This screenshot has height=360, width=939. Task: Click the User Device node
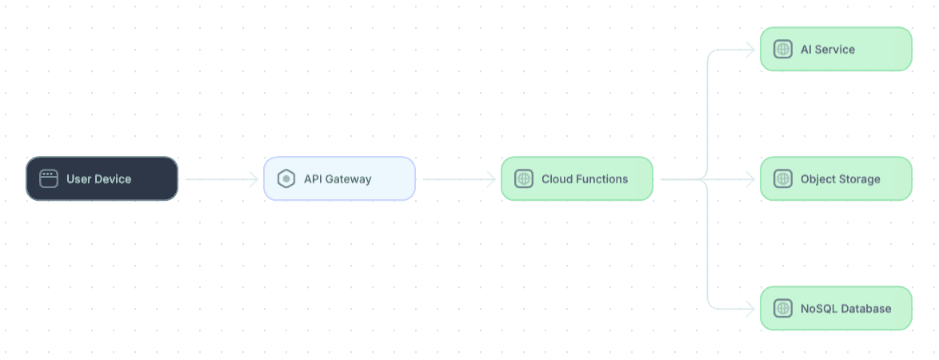(x=102, y=178)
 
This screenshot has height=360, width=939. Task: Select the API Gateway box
(x=340, y=178)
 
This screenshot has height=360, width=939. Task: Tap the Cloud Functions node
(x=577, y=178)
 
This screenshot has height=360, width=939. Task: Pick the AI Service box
(x=836, y=49)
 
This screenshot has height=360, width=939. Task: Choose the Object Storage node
(x=836, y=178)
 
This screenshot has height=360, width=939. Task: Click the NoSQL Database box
(x=836, y=309)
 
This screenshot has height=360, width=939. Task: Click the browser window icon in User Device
(x=49, y=178)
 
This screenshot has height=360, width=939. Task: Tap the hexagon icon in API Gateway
(x=286, y=178)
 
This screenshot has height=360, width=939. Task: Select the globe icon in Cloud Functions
(x=523, y=178)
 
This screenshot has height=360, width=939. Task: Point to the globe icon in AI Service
(x=783, y=49)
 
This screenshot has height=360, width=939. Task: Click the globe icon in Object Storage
(x=783, y=178)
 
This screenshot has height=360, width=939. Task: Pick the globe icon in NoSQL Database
(x=783, y=309)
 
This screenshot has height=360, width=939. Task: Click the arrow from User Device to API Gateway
(x=222, y=179)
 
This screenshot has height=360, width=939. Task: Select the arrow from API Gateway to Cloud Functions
(x=459, y=179)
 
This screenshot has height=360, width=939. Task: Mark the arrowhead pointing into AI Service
(x=750, y=50)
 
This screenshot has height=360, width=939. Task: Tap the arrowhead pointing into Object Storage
(x=750, y=179)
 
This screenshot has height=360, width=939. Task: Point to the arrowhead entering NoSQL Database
(x=750, y=309)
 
